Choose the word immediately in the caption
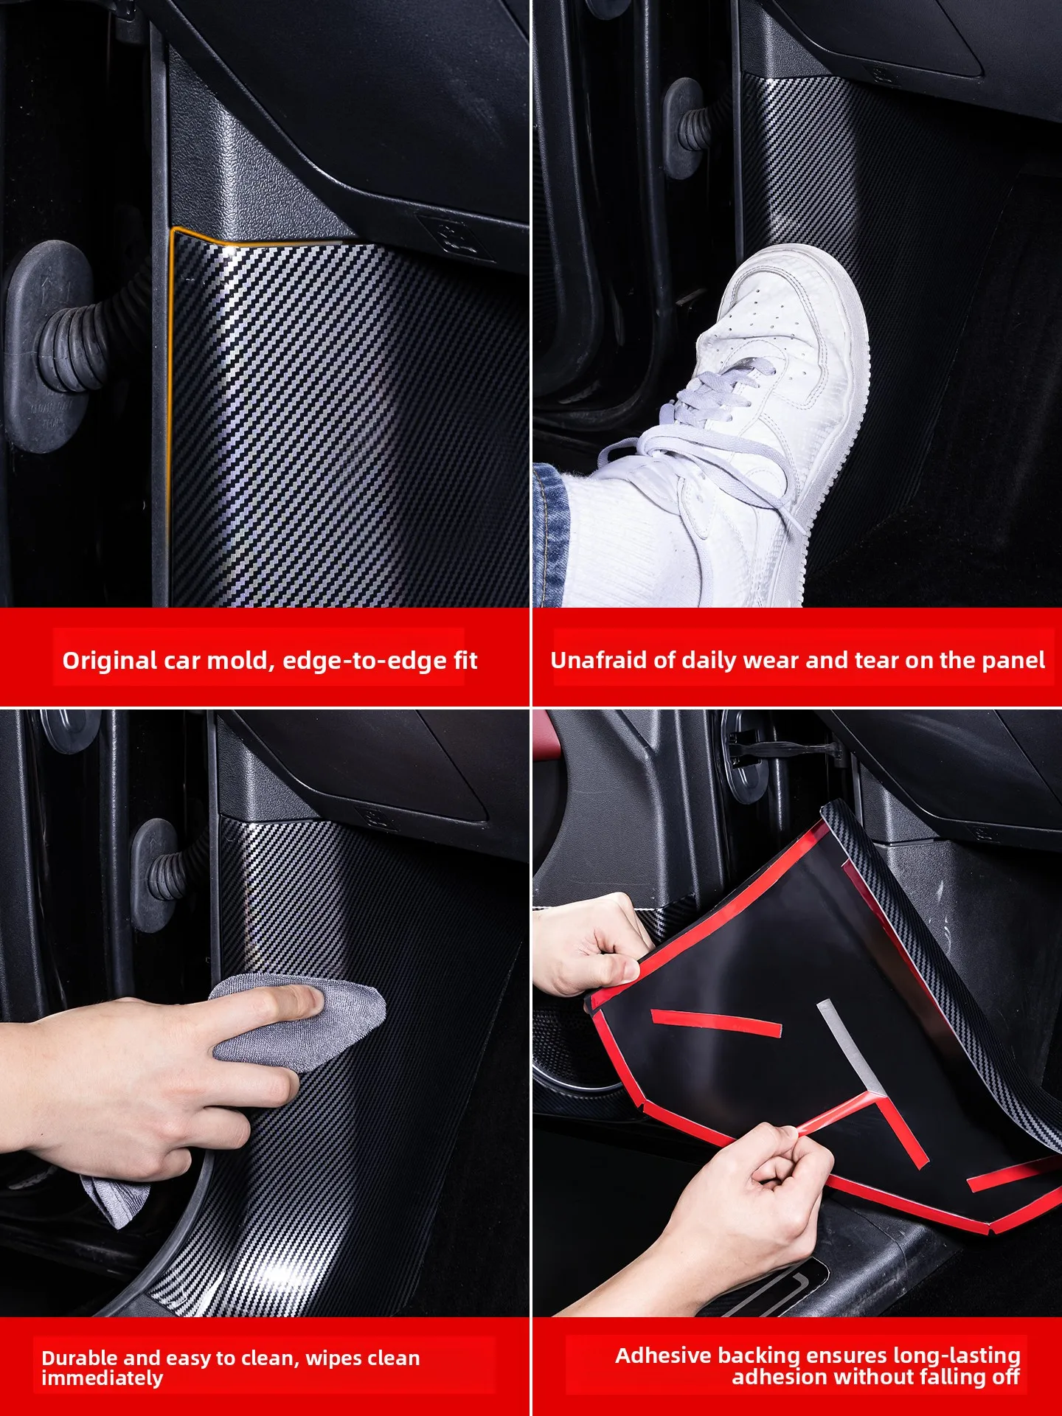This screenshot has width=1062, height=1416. click(x=103, y=1378)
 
